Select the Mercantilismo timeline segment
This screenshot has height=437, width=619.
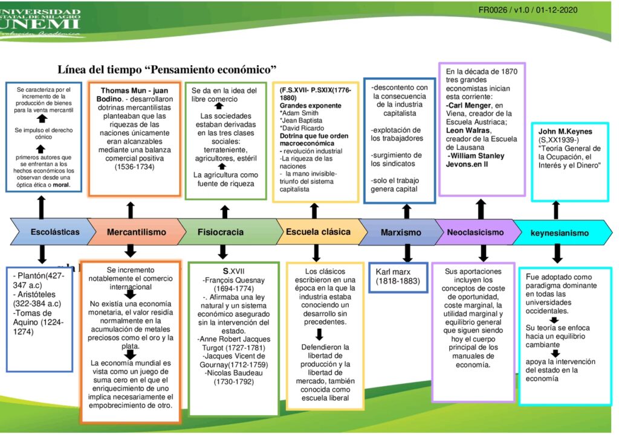point(136,232)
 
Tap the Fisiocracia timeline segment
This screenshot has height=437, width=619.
point(221,232)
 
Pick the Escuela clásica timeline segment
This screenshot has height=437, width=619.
point(318,232)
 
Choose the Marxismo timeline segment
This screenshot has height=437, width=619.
point(401,232)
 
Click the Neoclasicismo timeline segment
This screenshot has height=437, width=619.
point(475,232)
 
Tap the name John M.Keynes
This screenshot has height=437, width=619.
point(566,131)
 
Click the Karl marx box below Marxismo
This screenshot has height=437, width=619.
point(398,276)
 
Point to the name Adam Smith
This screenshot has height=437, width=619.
point(300,112)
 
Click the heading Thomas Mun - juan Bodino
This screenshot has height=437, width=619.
point(134,95)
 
